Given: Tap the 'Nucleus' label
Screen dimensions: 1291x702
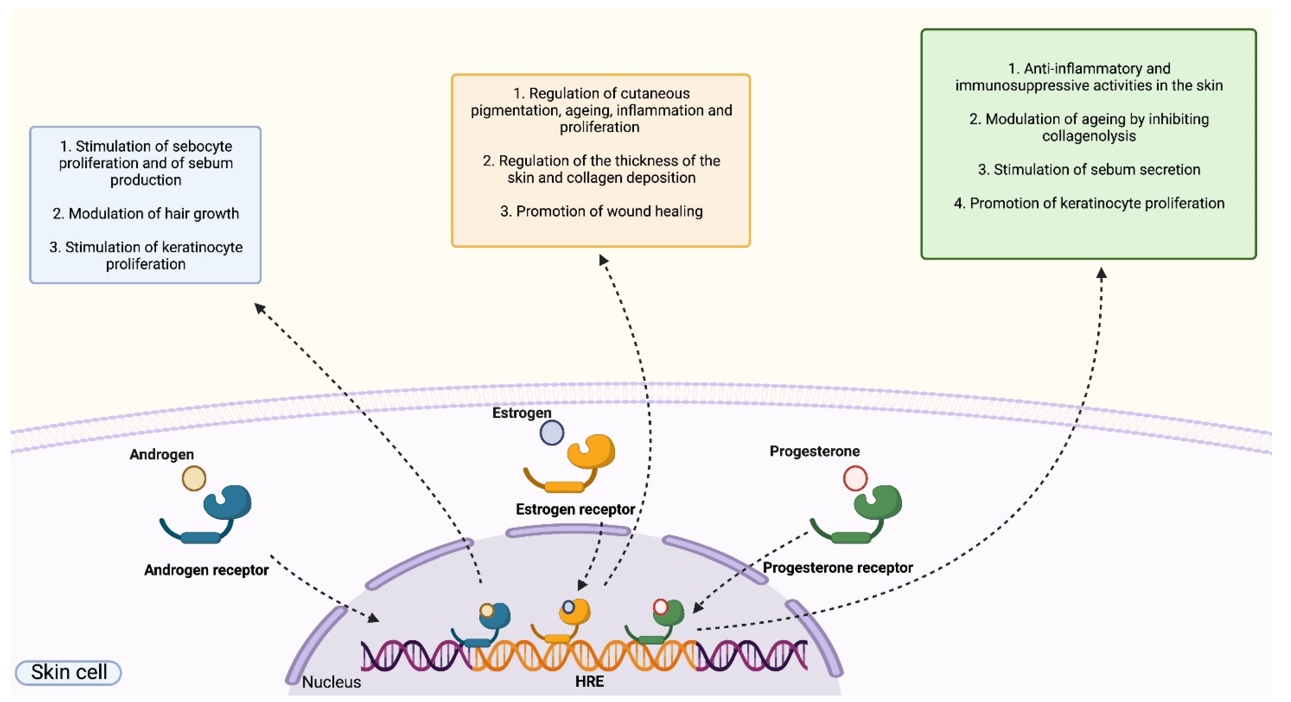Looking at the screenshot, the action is pos(331,682).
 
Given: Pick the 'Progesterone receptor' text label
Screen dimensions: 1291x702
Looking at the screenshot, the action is pos(837,568).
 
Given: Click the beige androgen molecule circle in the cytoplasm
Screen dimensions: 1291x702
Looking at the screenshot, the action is pos(194,478).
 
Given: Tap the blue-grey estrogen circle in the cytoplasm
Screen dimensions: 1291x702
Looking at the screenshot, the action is pos(552,433).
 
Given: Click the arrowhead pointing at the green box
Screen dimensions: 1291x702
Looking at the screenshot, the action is pos(1102,273).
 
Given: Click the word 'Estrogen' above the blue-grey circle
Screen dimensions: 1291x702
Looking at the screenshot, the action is pos(522,413).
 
